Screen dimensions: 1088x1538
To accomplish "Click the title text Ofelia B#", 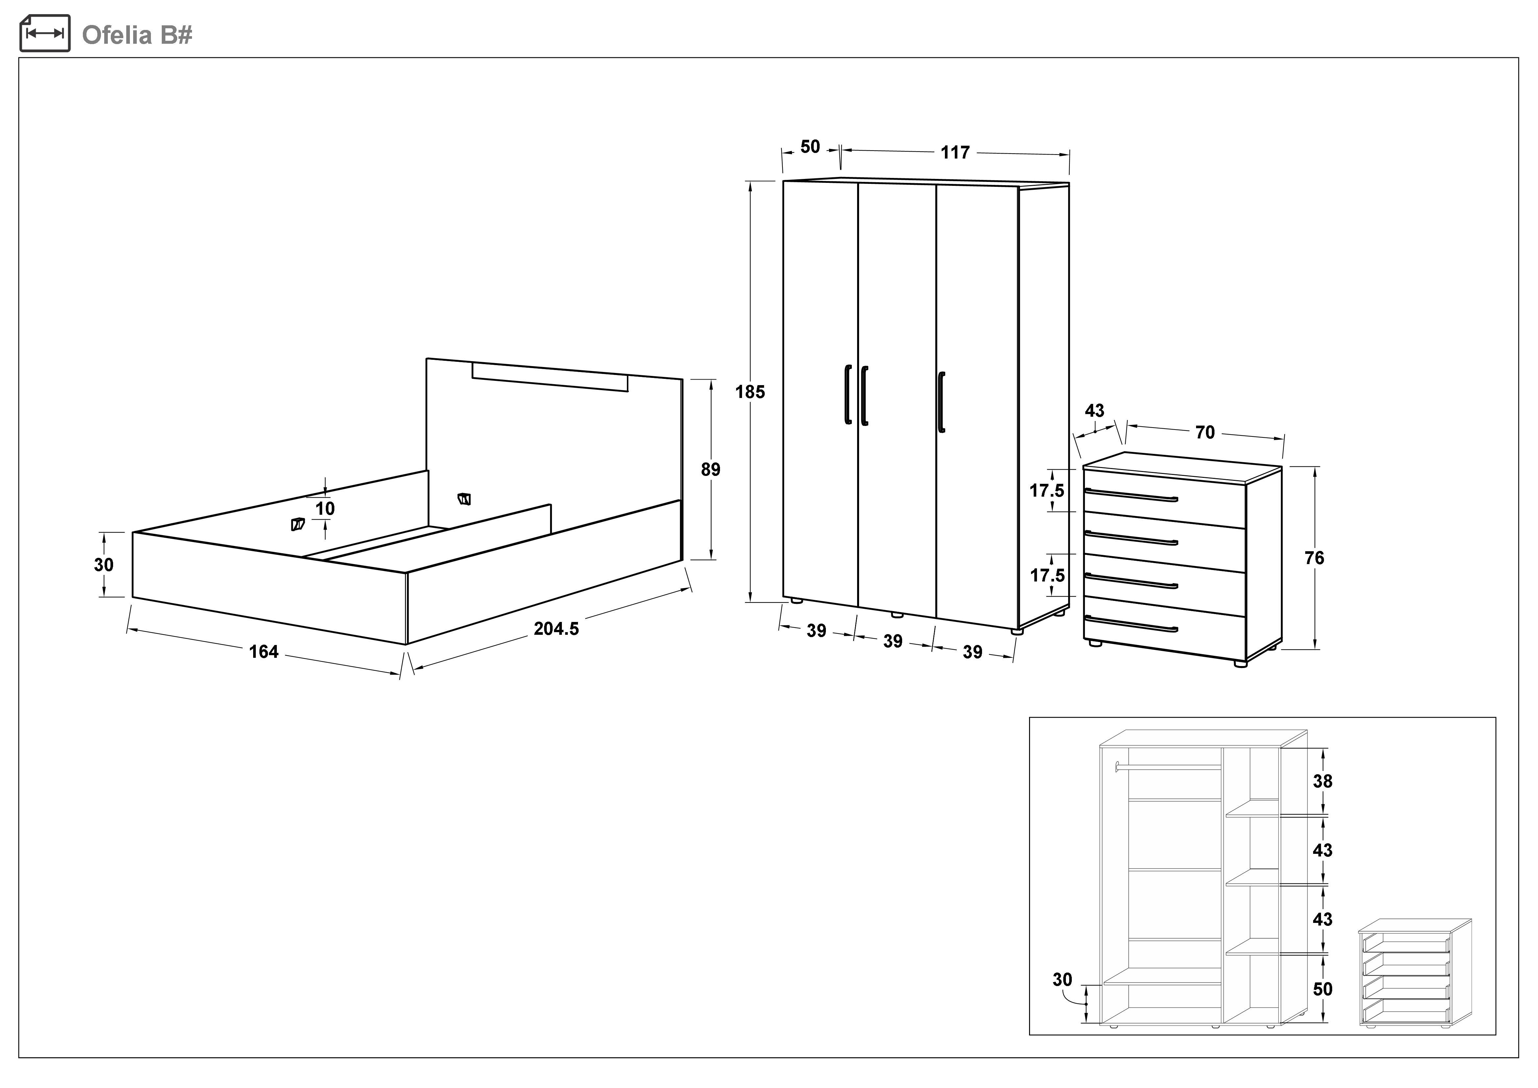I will (137, 35).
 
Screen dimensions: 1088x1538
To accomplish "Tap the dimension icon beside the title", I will (45, 34).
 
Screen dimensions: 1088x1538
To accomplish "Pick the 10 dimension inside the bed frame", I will (325, 508).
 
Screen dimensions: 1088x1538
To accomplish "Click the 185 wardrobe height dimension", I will (750, 392).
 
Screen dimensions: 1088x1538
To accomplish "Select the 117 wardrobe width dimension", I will (954, 153).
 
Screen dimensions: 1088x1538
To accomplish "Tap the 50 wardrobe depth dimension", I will (810, 147).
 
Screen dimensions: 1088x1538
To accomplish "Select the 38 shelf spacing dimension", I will (1322, 781).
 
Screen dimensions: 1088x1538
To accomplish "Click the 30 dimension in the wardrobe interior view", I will (1062, 979).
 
